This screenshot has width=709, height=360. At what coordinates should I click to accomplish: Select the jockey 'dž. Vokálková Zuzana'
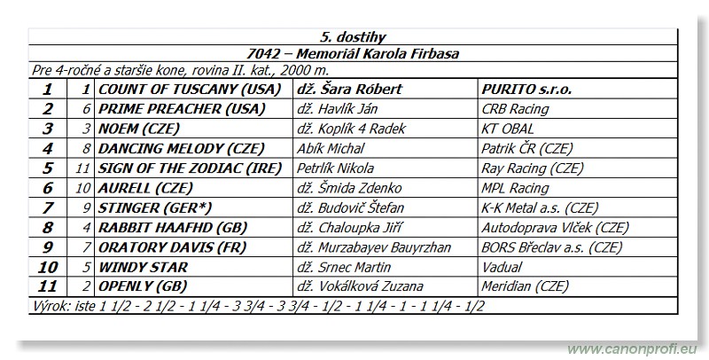pos(360,286)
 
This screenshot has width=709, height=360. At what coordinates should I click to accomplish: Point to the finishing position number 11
pos(48,286)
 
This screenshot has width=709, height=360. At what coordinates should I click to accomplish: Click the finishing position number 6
pos(48,188)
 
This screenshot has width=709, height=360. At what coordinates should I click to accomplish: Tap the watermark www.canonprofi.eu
pos(635,348)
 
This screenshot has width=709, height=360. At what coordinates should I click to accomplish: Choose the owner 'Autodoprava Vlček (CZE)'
pos(554,227)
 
